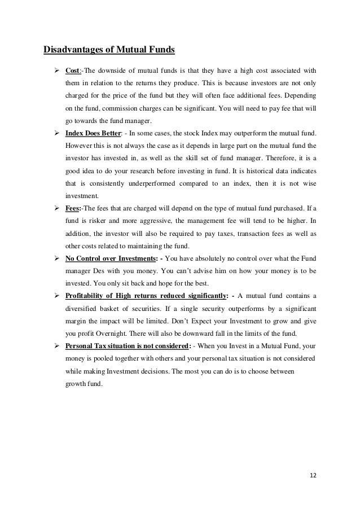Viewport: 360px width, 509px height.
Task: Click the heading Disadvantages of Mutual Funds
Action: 109,50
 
